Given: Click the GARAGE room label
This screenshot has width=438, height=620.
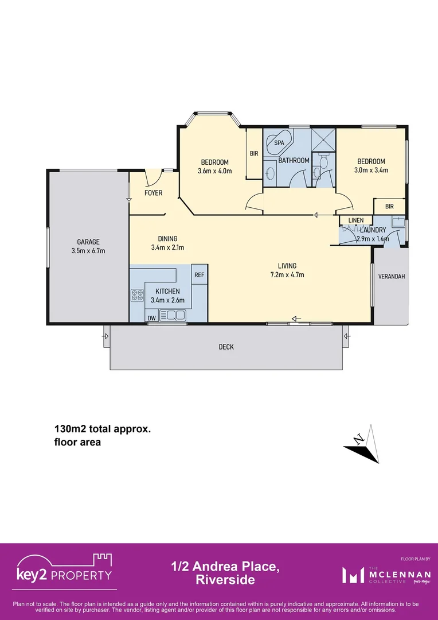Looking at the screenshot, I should point(88,242).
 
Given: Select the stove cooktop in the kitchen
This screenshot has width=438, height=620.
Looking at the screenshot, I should point(138,296).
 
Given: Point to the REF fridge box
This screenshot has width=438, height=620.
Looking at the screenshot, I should point(199,276).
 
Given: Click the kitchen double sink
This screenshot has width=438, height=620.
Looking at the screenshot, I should point(173,315).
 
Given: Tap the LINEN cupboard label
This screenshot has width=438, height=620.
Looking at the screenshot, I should point(355,220).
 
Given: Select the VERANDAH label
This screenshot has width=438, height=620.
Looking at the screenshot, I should point(392,276).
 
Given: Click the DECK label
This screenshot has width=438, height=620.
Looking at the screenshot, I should point(226,347).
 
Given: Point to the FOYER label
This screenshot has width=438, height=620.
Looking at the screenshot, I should point(153,193).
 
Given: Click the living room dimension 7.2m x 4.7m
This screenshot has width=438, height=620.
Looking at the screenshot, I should point(287,274).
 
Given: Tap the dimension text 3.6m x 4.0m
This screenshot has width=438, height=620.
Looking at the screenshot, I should point(214,170).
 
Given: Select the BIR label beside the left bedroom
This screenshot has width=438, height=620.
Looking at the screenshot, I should point(254,154).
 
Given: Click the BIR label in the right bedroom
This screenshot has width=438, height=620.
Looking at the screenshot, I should point(390,206).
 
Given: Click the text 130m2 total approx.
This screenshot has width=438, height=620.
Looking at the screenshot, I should point(103,429).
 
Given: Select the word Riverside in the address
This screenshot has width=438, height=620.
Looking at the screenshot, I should point(225,580).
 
